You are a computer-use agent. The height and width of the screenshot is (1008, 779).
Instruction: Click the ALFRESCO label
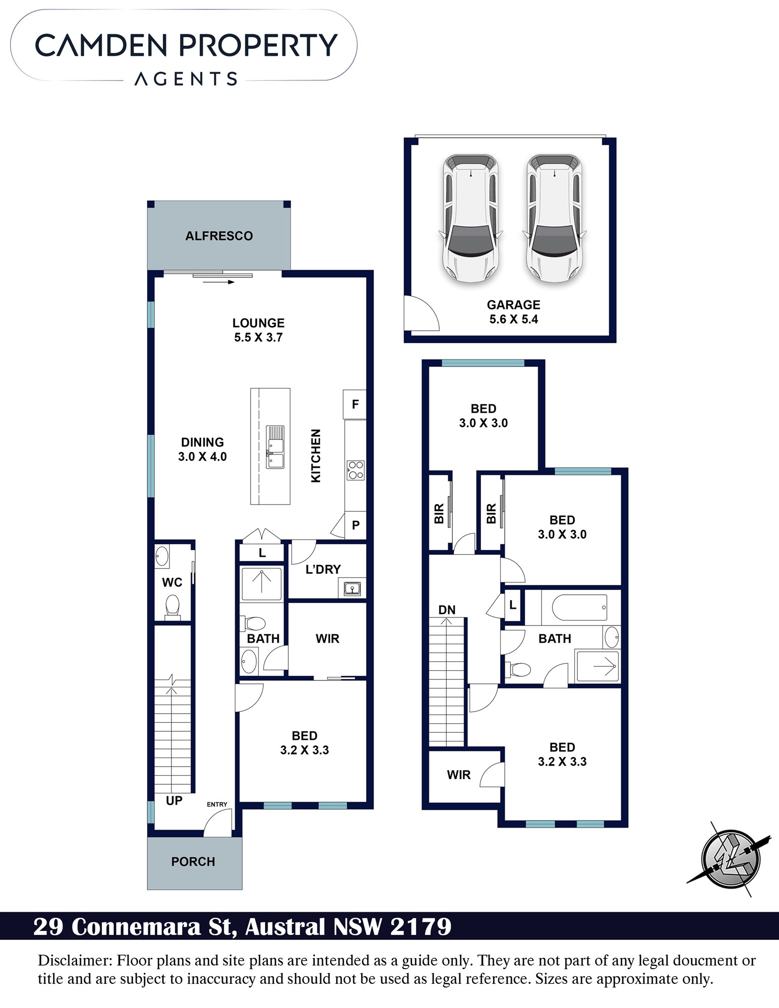click(219, 236)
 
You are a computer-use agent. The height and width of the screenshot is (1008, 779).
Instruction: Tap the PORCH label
click(193, 861)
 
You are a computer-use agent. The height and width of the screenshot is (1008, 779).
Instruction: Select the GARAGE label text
click(513, 304)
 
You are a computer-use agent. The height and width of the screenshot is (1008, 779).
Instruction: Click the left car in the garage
click(470, 218)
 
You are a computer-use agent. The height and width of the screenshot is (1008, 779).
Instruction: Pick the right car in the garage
click(554, 218)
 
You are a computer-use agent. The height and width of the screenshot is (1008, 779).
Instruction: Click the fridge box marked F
click(354, 404)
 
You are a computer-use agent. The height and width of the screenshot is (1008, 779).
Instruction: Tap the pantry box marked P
click(355, 525)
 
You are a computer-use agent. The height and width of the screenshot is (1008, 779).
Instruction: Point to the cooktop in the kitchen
click(355, 470)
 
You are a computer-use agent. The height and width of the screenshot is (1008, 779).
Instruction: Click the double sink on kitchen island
click(275, 447)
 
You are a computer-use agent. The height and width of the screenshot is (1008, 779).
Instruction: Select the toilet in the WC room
click(172, 607)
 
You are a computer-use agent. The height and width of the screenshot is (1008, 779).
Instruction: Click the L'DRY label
click(323, 569)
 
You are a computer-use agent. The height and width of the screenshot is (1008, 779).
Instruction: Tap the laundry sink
click(352, 588)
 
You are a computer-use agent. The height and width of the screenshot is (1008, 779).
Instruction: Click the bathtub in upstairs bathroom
click(579, 608)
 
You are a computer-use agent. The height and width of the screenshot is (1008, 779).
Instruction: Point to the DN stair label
click(447, 610)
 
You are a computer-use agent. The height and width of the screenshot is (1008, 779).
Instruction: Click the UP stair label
click(174, 800)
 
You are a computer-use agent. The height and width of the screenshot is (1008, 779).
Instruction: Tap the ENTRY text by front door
click(217, 804)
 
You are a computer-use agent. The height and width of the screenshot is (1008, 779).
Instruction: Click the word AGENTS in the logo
click(186, 79)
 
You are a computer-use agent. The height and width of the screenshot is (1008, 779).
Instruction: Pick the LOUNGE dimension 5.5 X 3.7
click(258, 337)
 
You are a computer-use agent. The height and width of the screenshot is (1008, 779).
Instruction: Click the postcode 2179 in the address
click(421, 926)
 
